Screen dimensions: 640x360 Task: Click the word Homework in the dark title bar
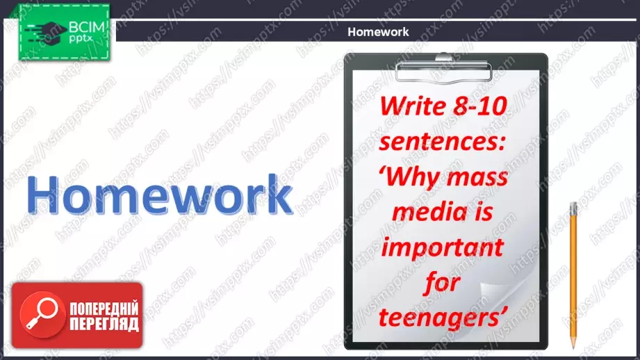coord(378,32)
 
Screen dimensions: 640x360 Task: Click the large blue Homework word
coord(160,195)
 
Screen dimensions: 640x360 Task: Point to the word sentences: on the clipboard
coord(443,142)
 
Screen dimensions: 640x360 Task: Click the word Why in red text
coord(410,177)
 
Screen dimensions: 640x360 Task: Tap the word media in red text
coord(425,212)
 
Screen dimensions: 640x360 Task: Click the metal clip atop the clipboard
coord(443,69)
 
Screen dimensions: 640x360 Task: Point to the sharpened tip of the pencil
coord(573,347)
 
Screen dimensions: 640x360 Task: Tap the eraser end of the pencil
coord(573,206)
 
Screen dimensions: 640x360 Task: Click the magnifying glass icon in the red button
coord(42,315)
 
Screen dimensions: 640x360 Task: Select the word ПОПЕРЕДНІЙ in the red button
coord(104,309)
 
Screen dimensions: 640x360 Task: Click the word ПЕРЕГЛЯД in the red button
coord(104,324)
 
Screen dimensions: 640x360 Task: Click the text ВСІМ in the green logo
coord(87,27)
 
